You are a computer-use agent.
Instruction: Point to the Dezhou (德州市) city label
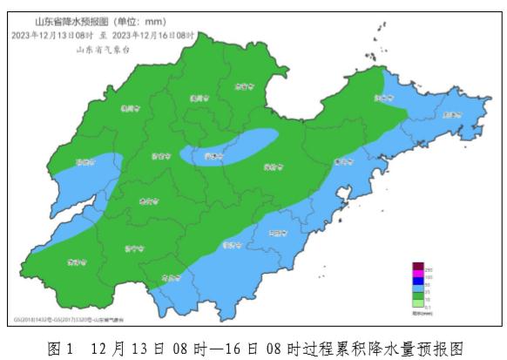click(x=130, y=109)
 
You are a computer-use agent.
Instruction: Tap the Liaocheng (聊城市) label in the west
click(x=85, y=161)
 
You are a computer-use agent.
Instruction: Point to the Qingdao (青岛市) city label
click(x=343, y=160)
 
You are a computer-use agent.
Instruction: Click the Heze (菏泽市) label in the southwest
click(x=77, y=261)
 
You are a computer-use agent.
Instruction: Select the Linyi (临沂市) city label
click(x=231, y=247)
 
